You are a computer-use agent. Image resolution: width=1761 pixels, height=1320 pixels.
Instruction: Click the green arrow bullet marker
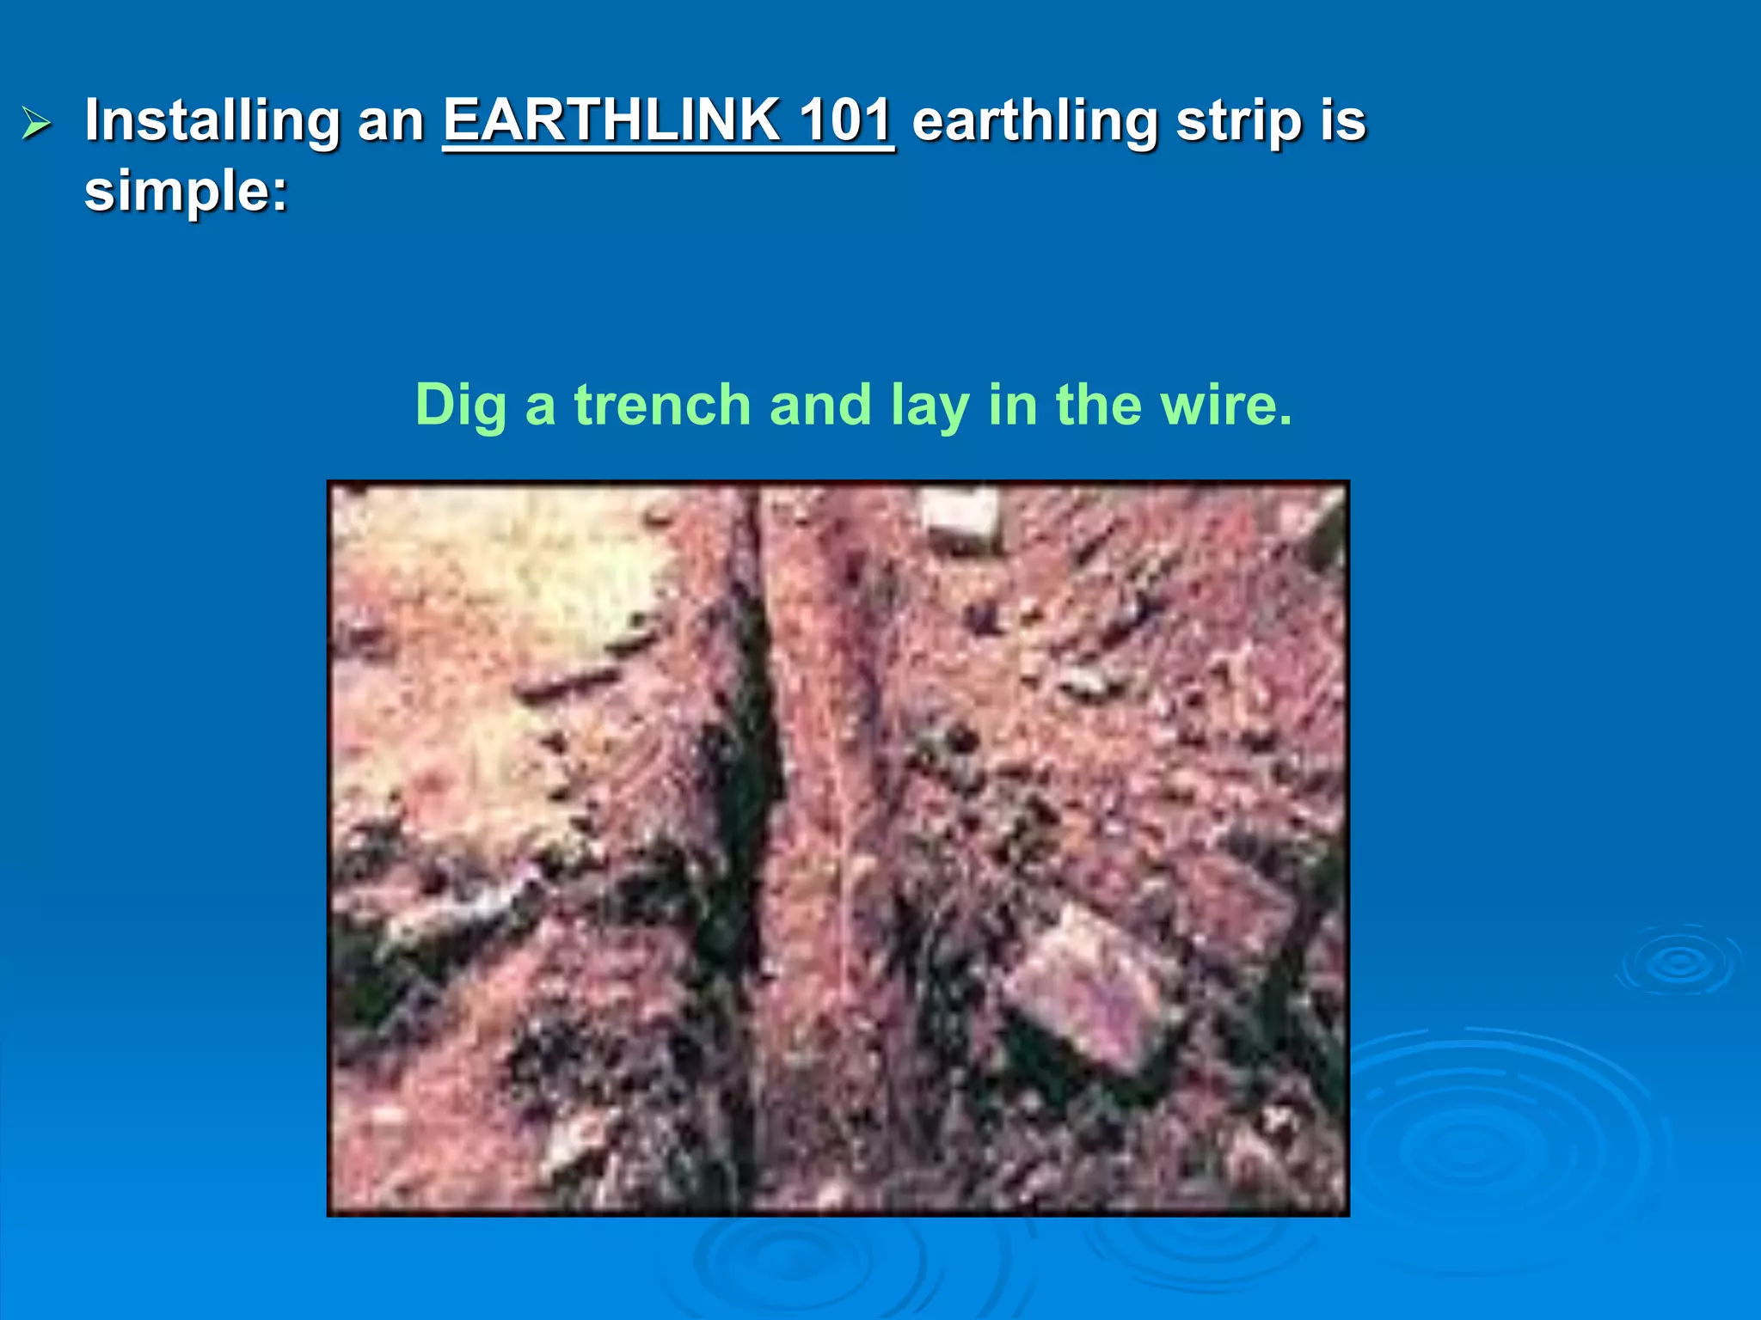(x=37, y=124)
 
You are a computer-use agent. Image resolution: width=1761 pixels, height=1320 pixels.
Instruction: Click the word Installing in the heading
(x=212, y=122)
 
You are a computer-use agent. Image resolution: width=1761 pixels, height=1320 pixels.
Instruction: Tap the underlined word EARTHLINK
(x=611, y=120)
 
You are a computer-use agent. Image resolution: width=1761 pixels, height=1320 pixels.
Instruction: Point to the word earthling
(x=1034, y=122)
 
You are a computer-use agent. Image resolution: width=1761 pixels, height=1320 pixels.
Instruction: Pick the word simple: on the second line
(x=186, y=191)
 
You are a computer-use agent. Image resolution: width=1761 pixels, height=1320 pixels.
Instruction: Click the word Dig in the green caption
(x=460, y=405)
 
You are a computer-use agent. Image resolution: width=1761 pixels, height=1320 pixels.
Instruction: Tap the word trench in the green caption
(x=662, y=405)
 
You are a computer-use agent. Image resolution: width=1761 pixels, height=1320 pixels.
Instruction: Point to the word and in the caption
(x=820, y=405)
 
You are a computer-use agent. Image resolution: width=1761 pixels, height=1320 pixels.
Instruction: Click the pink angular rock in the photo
(x=1092, y=988)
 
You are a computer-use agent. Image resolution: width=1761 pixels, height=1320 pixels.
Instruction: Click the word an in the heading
(x=391, y=122)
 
